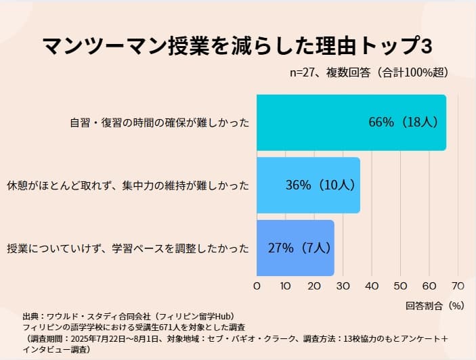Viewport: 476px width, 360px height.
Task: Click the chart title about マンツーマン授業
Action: click(x=237, y=45)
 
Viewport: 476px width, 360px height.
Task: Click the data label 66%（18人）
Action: click(x=404, y=122)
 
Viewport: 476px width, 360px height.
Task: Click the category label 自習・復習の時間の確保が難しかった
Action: click(x=160, y=123)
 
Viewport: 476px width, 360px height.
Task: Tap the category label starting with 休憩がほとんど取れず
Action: click(x=128, y=185)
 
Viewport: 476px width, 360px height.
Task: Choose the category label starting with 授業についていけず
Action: click(x=128, y=248)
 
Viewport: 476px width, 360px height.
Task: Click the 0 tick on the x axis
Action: click(x=257, y=286)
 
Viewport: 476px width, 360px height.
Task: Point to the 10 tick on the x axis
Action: click(x=285, y=286)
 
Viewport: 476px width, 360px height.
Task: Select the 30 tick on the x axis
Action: click(x=343, y=286)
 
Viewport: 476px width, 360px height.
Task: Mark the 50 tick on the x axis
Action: click(x=400, y=286)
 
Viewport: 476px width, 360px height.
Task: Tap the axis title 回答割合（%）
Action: click(x=435, y=305)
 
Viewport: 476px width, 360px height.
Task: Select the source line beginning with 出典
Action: click(x=128, y=316)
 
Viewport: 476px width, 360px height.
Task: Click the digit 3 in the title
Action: click(x=427, y=45)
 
